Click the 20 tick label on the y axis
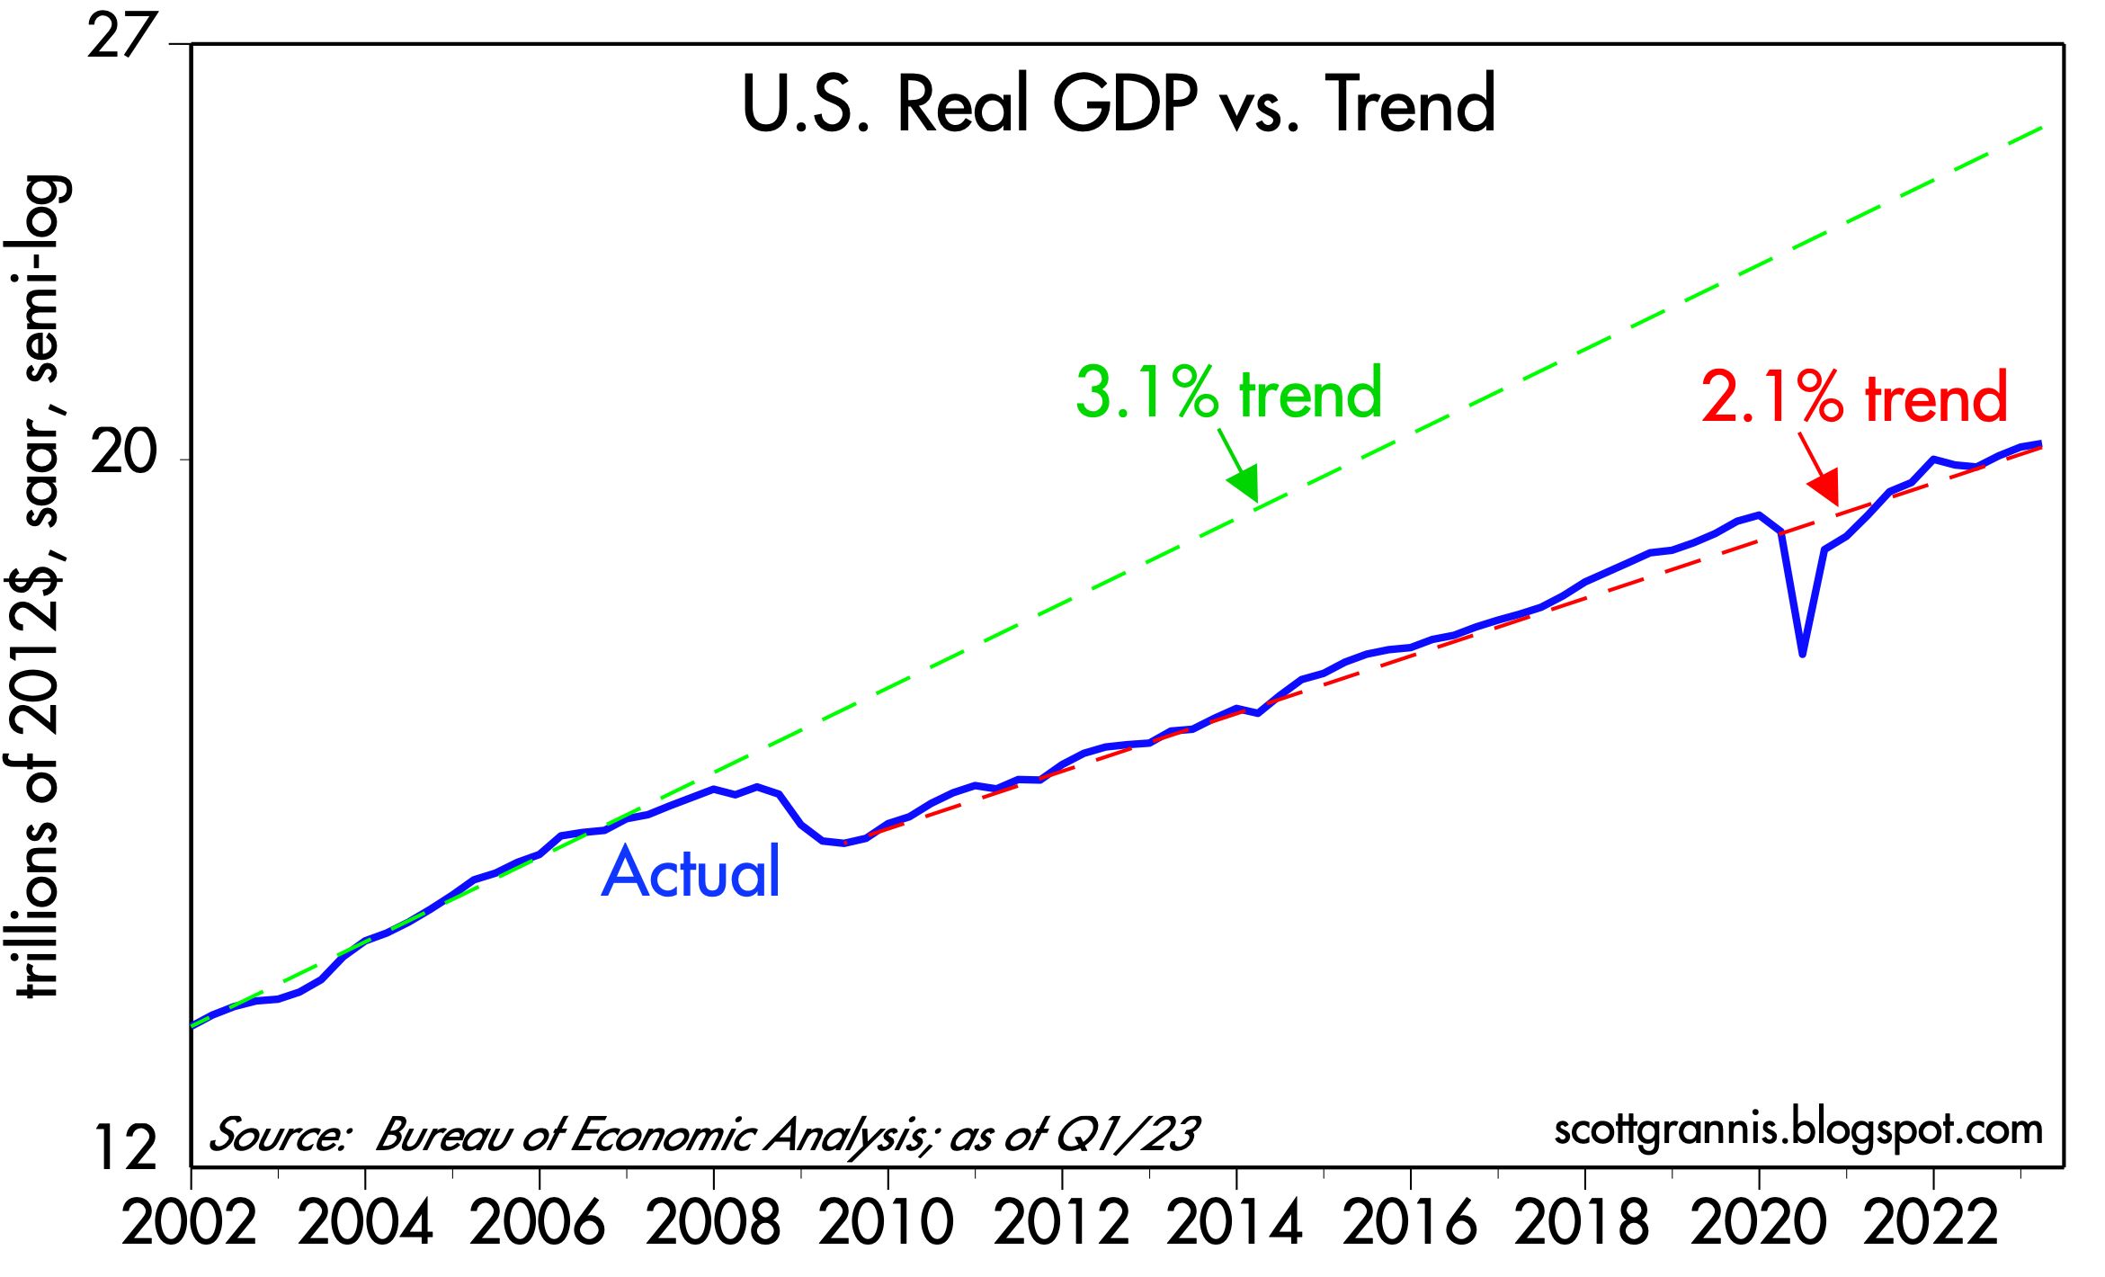[x=124, y=455]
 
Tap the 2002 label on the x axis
[x=189, y=1223]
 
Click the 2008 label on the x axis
[x=713, y=1223]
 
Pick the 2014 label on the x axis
[x=1235, y=1223]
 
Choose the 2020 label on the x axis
[x=1759, y=1223]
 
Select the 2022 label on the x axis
[x=1932, y=1223]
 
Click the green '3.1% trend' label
[x=1228, y=392]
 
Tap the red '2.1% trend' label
[x=1854, y=397]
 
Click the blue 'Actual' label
[x=691, y=872]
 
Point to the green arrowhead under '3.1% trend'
[x=1245, y=485]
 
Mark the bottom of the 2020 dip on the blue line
[x=1802, y=653]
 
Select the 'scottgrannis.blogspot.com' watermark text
[x=1797, y=1130]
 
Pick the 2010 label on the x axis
[x=887, y=1223]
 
